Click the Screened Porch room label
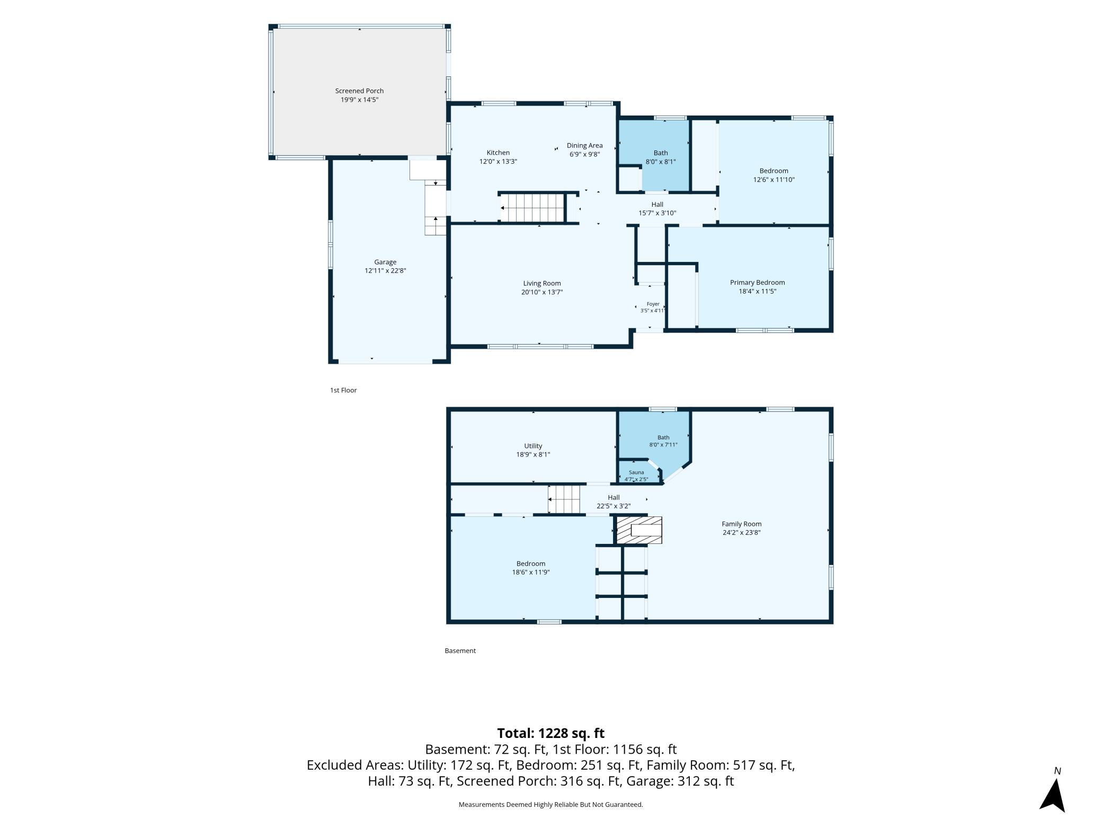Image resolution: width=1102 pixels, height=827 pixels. point(359,91)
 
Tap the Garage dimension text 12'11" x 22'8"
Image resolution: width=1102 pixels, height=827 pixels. point(385,270)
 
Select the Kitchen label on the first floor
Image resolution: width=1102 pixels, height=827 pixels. point(498,153)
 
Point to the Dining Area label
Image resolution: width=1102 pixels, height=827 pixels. point(584,145)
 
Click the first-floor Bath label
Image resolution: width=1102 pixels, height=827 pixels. point(661,153)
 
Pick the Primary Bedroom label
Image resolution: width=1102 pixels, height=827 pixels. point(757,283)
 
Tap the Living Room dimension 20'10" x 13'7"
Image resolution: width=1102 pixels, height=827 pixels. point(542,292)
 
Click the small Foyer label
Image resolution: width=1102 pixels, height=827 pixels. point(653,304)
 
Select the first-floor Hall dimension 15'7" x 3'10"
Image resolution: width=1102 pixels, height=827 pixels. point(657,213)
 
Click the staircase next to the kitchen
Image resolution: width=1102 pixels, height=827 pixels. point(532,208)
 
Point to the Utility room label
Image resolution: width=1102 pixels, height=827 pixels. point(533,446)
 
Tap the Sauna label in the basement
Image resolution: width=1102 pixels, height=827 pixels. point(636,472)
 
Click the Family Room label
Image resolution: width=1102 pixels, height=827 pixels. point(741,524)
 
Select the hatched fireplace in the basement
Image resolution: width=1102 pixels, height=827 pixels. point(638,530)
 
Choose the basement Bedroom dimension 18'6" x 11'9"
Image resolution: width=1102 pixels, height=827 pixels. point(531,572)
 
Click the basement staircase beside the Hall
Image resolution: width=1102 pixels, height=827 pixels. point(564,499)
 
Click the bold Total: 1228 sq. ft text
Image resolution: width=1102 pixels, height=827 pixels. point(550,733)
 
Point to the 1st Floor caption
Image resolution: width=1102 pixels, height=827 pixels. point(343,390)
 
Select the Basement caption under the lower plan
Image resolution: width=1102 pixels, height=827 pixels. point(460,650)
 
